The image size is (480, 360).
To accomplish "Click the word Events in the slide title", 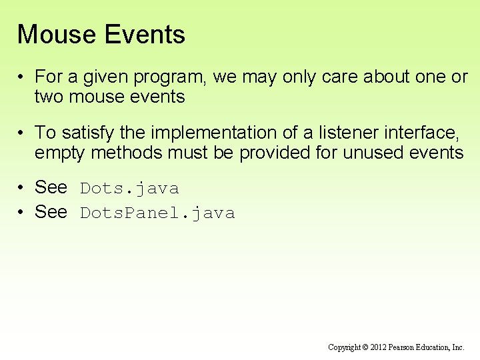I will pos(147,35).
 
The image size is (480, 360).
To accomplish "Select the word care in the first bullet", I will pos(340,77).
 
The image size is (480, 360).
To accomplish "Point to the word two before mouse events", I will pos(49,97).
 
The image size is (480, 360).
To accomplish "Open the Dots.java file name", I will pos(129,189).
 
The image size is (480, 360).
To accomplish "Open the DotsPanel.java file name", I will pos(157,213).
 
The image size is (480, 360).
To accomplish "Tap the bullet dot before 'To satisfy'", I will pos(22,133).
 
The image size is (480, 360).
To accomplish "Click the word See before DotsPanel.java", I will pos(51,213).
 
